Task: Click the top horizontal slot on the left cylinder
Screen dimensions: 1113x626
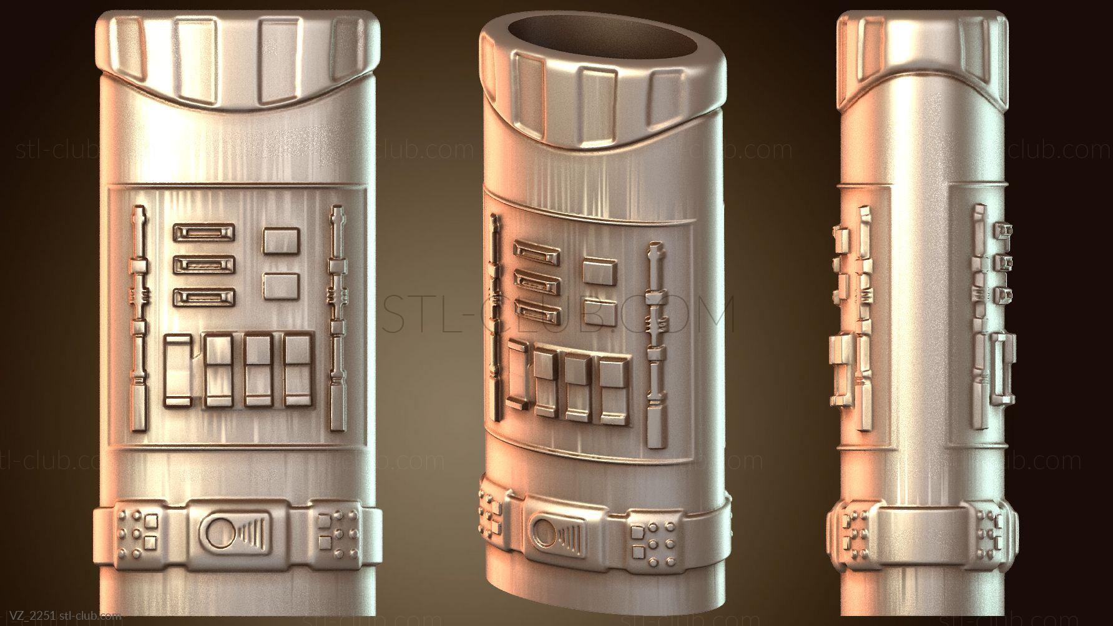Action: (203, 233)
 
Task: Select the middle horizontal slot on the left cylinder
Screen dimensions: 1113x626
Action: (203, 265)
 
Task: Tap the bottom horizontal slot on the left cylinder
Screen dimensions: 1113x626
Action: (203, 297)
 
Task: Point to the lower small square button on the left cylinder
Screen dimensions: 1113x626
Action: (278, 285)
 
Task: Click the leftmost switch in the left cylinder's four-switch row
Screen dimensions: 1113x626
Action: (180, 370)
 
